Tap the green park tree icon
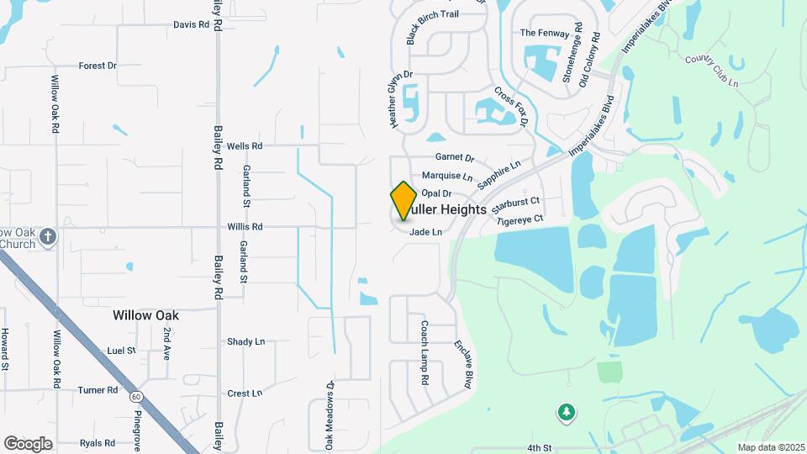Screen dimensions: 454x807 click(567, 412)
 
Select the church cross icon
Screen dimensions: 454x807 click(48, 236)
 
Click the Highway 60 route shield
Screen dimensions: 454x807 click(136, 397)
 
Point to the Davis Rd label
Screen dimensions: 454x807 click(191, 25)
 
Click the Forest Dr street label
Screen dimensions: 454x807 click(98, 66)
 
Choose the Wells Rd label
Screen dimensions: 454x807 click(245, 145)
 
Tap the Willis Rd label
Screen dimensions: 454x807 click(245, 227)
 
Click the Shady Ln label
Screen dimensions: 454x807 click(245, 341)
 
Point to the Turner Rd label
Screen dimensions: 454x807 click(98, 390)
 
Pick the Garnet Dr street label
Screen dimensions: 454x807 click(455, 157)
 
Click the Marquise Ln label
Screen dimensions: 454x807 click(447, 176)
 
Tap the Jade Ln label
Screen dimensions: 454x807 click(425, 233)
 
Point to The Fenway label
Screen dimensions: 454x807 click(540, 33)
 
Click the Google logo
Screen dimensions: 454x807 click(28, 443)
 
